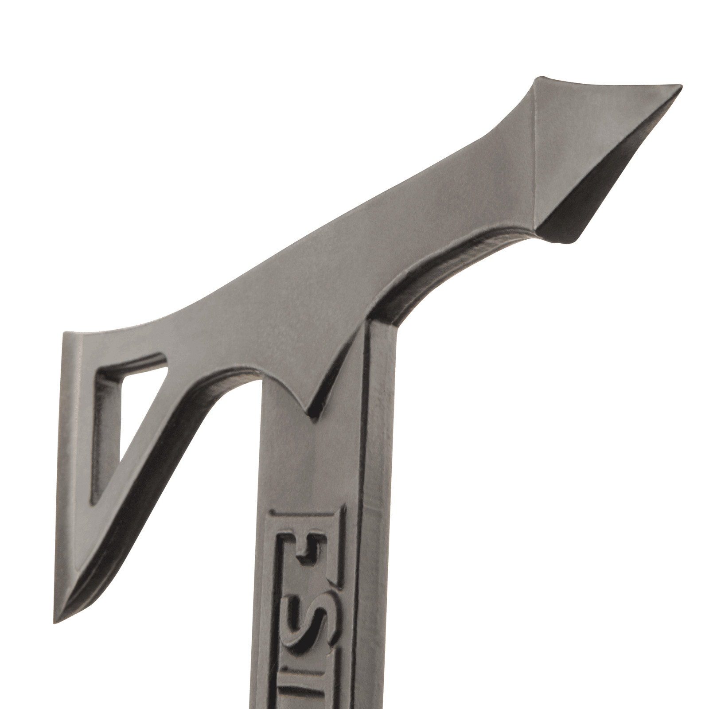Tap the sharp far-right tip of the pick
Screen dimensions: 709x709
pos(680,85)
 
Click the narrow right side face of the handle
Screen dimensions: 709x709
pos(379,487)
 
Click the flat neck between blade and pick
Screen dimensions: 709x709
pos(354,248)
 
